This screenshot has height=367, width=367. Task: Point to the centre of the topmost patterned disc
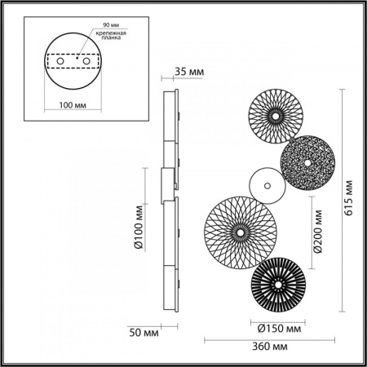(275, 116)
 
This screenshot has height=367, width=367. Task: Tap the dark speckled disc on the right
(307, 166)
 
